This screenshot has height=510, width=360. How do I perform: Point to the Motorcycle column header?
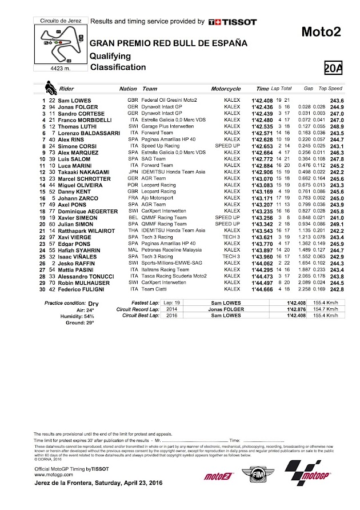(226, 89)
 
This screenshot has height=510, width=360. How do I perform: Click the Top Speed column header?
(330, 89)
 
